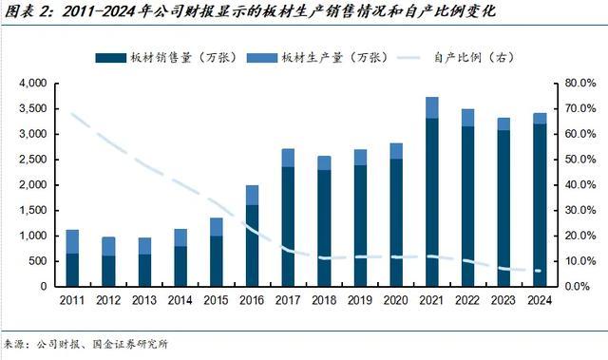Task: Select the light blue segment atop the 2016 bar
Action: pyautogui.click(x=252, y=195)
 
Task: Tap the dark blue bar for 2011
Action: pyautogui.click(x=72, y=269)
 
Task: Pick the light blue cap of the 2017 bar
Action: pyautogui.click(x=289, y=158)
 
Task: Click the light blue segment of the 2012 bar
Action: pyautogui.click(x=108, y=246)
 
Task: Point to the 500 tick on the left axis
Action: pyautogui.click(x=40, y=260)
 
